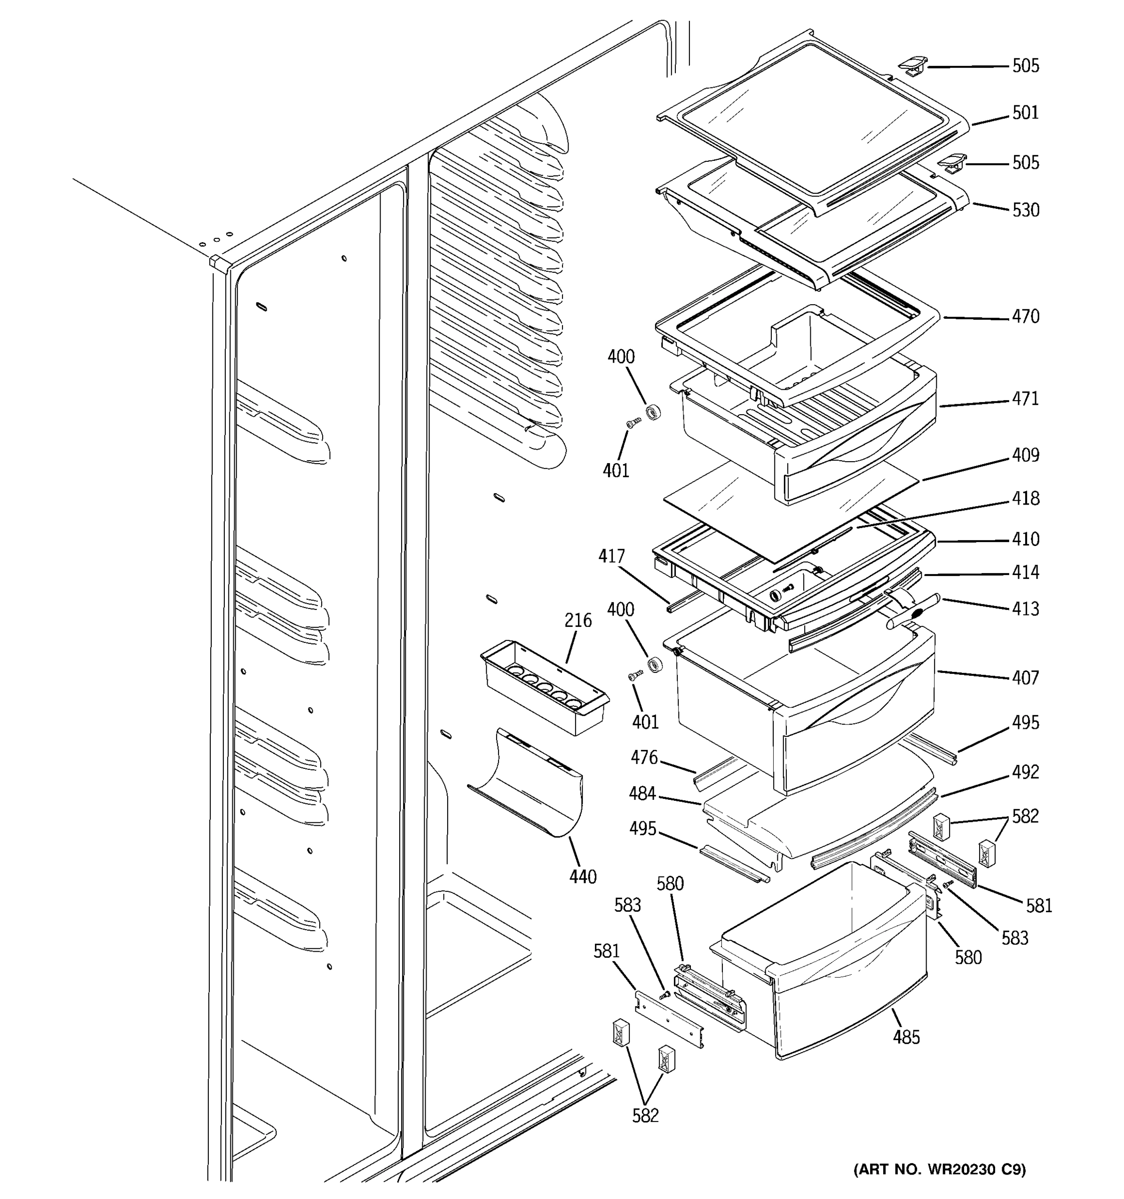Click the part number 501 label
(x=1025, y=113)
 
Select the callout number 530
(x=1025, y=210)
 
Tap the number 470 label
(x=1025, y=317)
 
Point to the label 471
(x=1025, y=399)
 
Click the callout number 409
(x=1025, y=455)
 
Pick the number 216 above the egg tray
(x=577, y=620)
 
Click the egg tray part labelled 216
(x=543, y=687)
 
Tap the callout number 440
(x=582, y=877)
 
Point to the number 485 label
(x=906, y=1037)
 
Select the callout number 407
(x=1025, y=678)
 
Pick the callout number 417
(x=611, y=556)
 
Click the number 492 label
(x=1025, y=772)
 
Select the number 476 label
(x=644, y=757)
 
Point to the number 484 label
(x=642, y=794)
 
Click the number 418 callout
(x=1025, y=499)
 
